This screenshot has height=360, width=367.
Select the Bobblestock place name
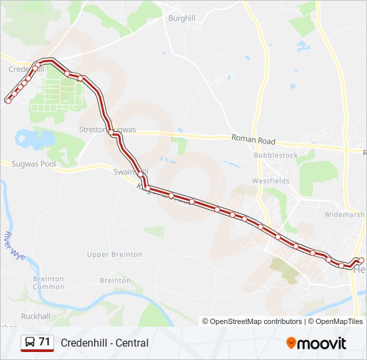click(x=276, y=155)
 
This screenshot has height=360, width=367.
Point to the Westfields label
click(x=271, y=181)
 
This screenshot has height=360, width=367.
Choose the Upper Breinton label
click(x=115, y=255)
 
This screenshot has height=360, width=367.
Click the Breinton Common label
click(x=49, y=283)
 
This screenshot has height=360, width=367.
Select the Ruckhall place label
click(x=35, y=316)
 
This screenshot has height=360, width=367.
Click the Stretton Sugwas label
click(x=107, y=129)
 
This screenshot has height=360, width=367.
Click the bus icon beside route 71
click(x=30, y=343)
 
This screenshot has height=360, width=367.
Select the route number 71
click(x=45, y=342)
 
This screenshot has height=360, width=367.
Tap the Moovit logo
click(x=316, y=343)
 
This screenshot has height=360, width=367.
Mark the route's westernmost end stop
click(x=8, y=101)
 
